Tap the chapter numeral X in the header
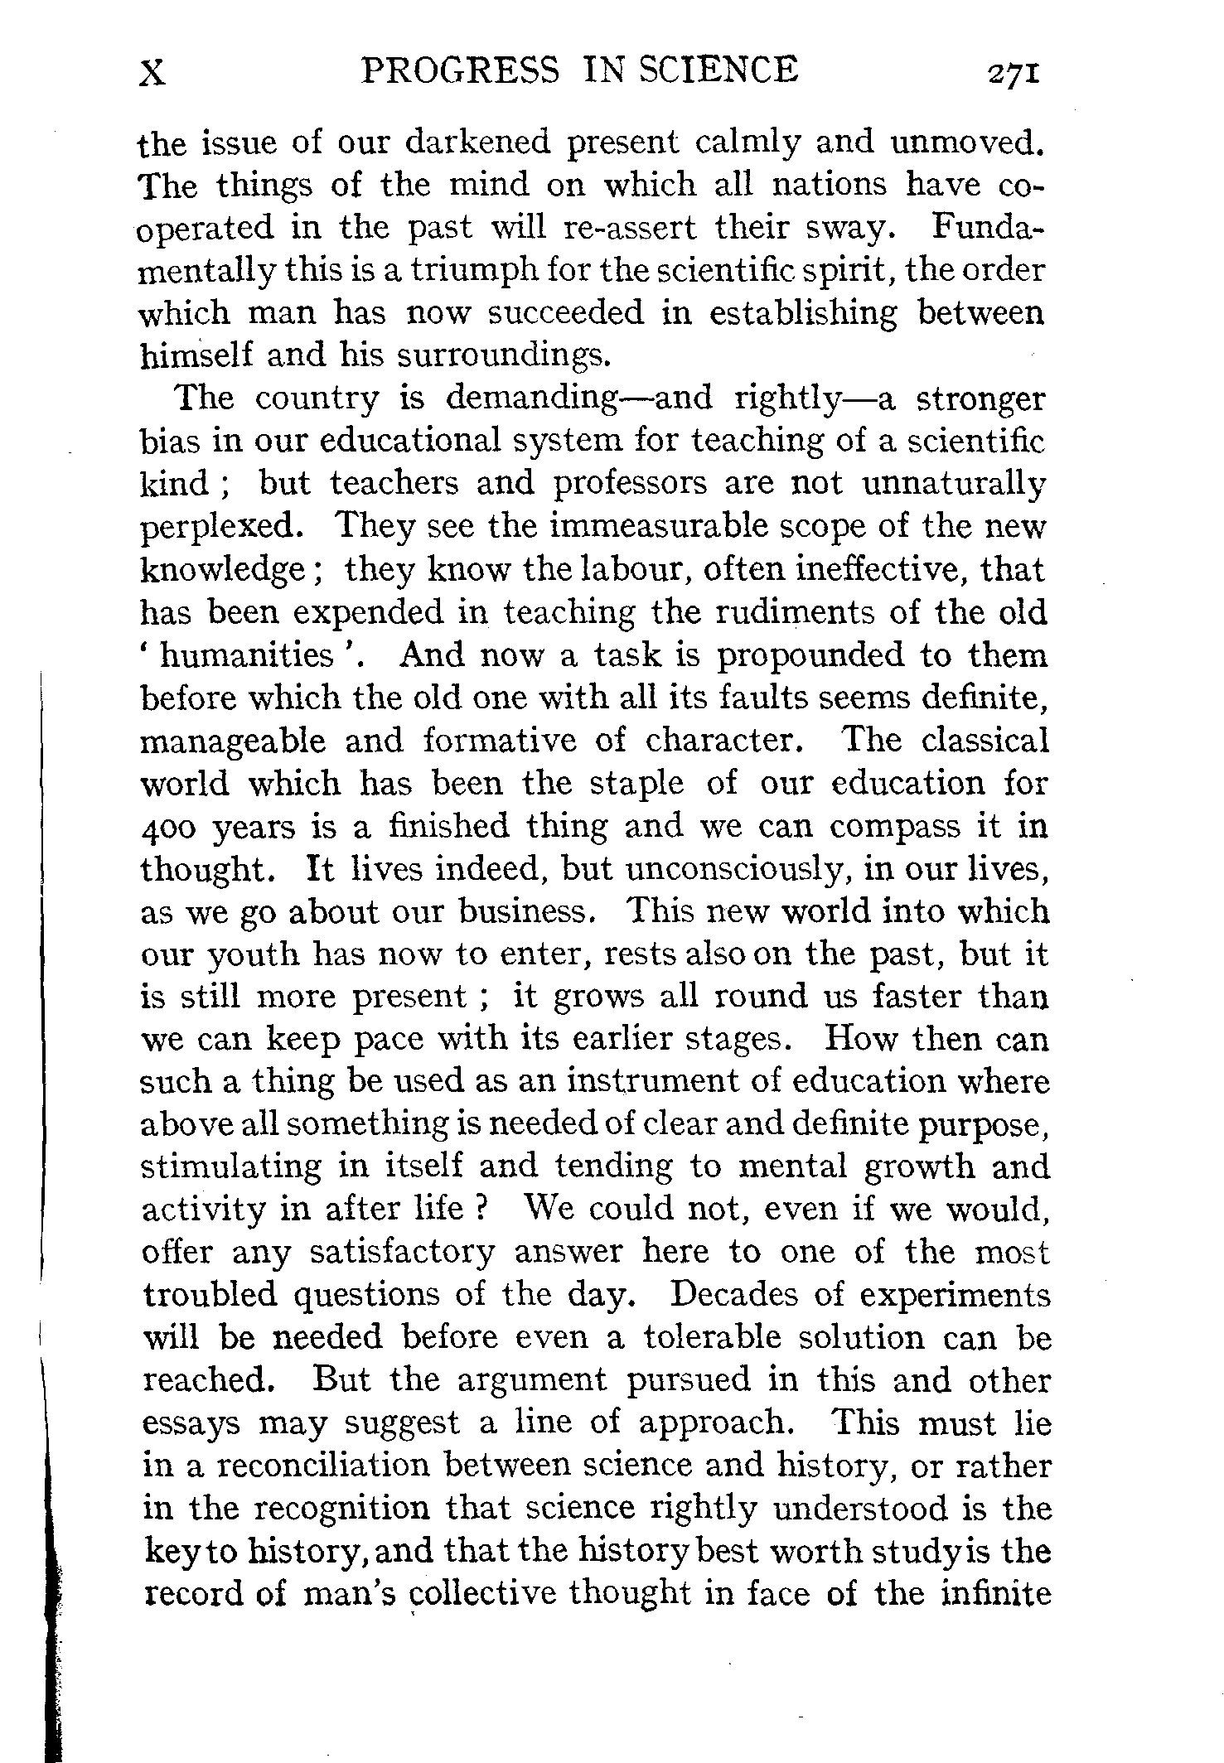coord(152,73)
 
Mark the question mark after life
coord(478,1209)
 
